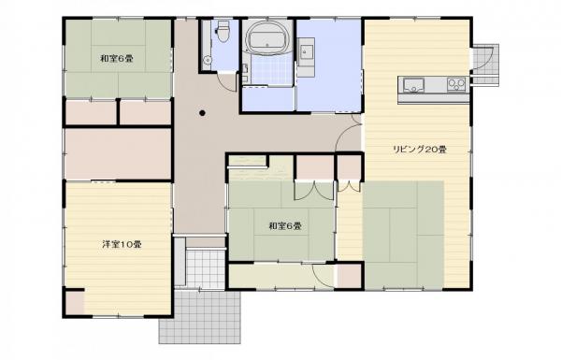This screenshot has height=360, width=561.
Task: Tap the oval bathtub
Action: (x=268, y=40)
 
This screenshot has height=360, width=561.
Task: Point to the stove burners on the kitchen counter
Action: (x=456, y=86)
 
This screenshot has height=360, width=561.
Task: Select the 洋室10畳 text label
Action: (x=122, y=245)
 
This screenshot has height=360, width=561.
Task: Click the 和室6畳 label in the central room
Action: (x=283, y=225)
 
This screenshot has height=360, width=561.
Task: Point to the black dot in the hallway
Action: (x=203, y=115)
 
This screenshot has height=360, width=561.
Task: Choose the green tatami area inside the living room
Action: (x=403, y=234)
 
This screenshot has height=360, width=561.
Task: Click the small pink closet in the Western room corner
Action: (x=73, y=302)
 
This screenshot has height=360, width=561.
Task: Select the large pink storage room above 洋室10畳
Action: (x=118, y=152)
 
